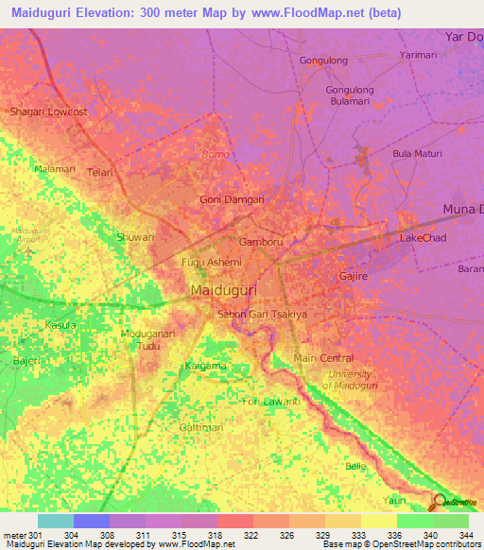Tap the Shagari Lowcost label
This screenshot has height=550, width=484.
pyautogui.click(x=48, y=112)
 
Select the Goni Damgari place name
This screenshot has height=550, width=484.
pyautogui.click(x=232, y=199)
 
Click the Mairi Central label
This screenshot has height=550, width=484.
pyautogui.click(x=323, y=358)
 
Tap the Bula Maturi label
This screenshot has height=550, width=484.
pyautogui.click(x=418, y=153)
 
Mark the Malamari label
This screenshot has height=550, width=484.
pyautogui.click(x=54, y=168)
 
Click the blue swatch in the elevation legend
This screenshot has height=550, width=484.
pyautogui.click(x=92, y=521)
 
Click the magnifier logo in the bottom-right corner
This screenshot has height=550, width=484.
pyautogui.click(x=441, y=502)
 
